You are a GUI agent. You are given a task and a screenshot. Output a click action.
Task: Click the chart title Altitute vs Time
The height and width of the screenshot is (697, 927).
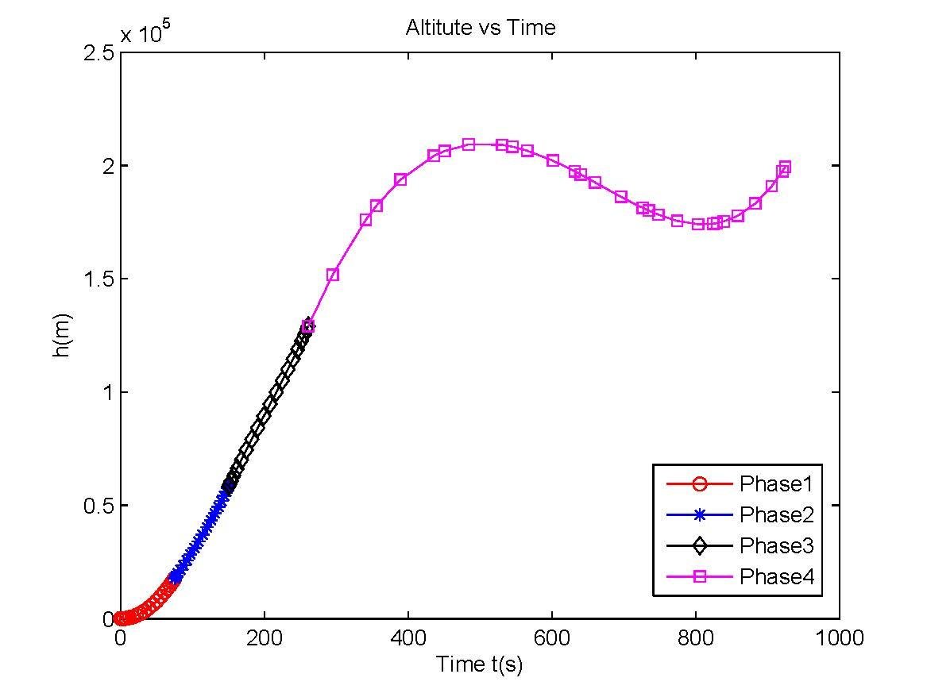click(x=480, y=28)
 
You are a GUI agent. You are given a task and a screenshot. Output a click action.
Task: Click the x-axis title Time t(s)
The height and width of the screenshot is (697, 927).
click(x=479, y=664)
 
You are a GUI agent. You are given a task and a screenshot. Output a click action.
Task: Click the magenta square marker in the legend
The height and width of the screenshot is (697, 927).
click(x=699, y=577)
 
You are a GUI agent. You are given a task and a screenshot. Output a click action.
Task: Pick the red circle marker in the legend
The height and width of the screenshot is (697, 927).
click(x=699, y=483)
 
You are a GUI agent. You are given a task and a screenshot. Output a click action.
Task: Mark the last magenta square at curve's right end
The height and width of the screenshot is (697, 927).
click(x=785, y=167)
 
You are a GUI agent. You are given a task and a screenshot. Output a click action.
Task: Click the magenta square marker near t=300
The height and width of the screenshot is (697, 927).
click(x=333, y=275)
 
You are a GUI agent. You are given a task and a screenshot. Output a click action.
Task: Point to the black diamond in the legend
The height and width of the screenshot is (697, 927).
click(x=699, y=545)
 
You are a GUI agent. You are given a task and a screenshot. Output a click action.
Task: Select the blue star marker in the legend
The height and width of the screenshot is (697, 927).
click(x=699, y=514)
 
